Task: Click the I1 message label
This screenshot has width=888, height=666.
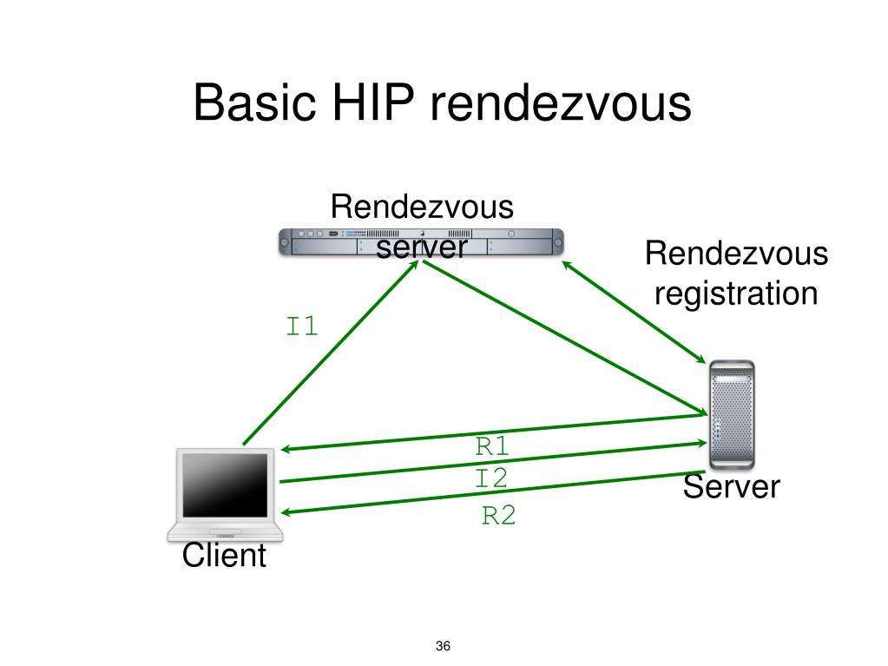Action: point(303,327)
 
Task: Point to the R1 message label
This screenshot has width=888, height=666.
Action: point(492,447)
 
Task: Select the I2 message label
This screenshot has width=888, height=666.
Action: point(491,478)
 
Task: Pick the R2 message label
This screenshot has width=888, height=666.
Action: point(499,517)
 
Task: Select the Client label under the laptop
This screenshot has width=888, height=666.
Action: point(224,556)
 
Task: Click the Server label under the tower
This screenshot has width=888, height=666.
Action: point(731,487)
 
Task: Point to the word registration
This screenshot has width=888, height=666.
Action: point(736,293)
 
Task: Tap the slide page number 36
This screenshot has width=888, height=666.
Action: point(444,647)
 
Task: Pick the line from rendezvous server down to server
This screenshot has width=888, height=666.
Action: point(564,339)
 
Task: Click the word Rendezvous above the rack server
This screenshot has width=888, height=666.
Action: point(422,208)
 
